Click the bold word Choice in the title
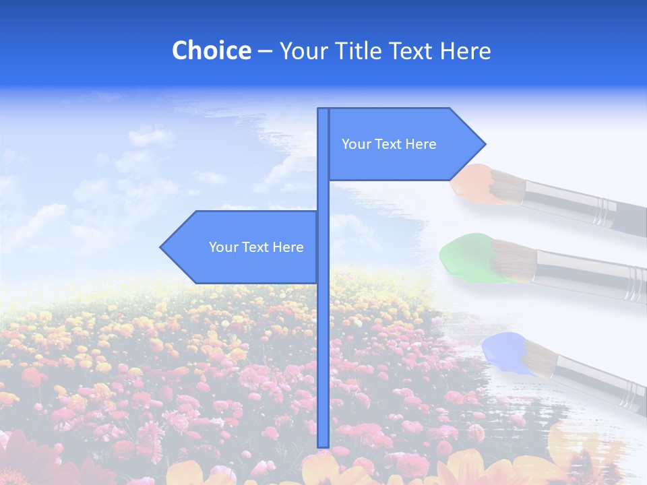point(211,51)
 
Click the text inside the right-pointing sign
point(389,144)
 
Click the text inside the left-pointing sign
point(256,247)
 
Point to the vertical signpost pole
point(323,337)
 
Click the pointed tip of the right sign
point(483,144)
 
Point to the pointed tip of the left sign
point(162,247)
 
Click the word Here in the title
point(465,51)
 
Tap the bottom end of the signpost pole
point(323,445)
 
